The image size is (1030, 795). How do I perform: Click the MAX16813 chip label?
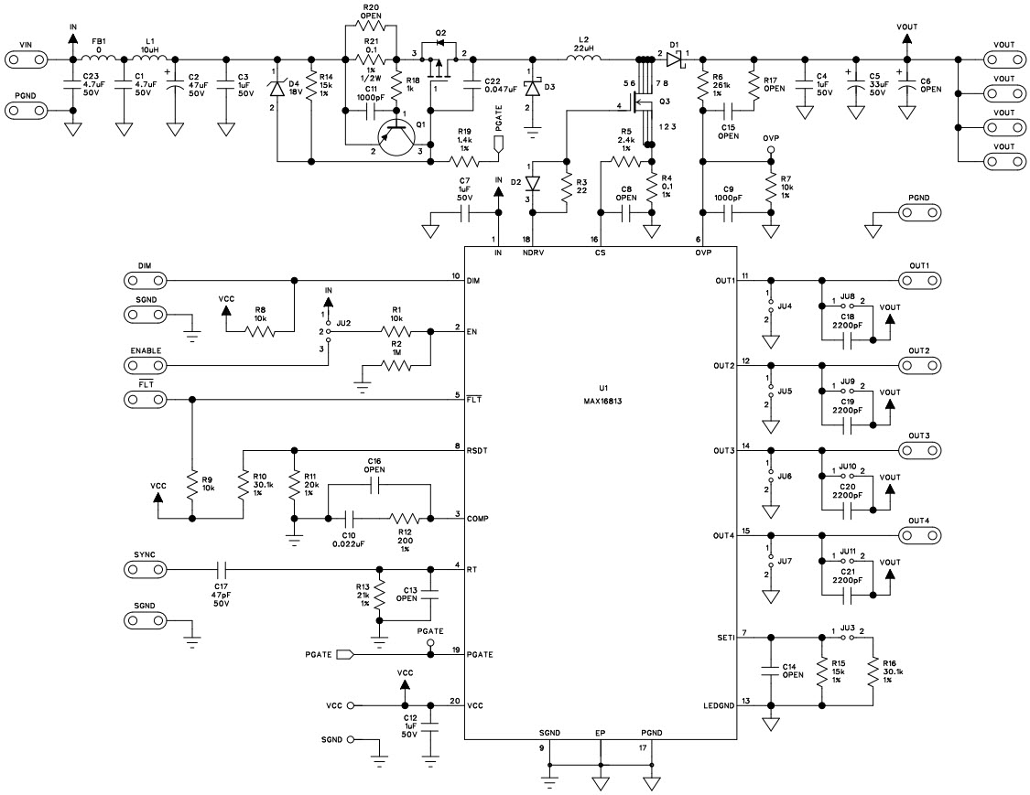(x=602, y=400)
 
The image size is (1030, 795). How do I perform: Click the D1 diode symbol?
(x=675, y=59)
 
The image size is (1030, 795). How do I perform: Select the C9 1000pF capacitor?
(x=729, y=212)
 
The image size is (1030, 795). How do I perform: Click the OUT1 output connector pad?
(x=919, y=280)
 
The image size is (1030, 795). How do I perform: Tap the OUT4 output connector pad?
(x=919, y=535)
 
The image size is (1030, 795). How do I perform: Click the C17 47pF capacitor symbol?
(x=220, y=569)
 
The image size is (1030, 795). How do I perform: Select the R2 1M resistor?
(x=397, y=365)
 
